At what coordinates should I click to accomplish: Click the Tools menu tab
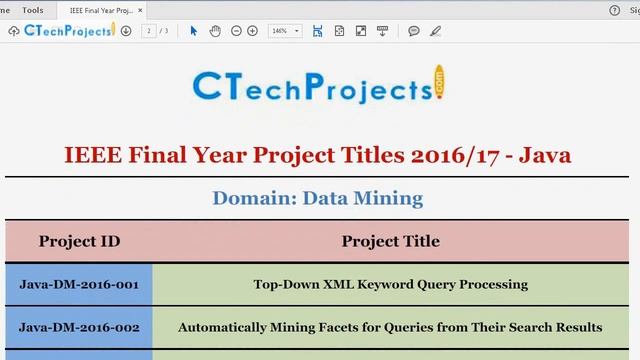(x=32, y=10)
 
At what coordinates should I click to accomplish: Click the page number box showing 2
(x=149, y=31)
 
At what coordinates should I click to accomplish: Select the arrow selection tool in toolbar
(x=194, y=31)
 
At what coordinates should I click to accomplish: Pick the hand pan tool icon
(x=215, y=31)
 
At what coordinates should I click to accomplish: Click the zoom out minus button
(x=237, y=31)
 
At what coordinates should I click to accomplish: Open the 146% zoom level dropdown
(x=285, y=31)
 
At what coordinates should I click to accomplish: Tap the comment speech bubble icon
(x=414, y=31)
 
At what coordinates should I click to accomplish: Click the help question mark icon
(x=614, y=10)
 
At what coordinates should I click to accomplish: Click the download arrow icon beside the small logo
(x=126, y=31)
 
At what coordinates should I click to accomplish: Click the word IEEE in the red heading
(x=94, y=155)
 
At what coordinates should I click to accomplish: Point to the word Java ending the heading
(x=549, y=155)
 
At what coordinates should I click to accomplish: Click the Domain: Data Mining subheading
(x=317, y=198)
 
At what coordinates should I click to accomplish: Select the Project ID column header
(x=79, y=241)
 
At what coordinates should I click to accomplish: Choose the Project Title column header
(x=390, y=241)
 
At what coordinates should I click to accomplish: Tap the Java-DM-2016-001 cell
(x=79, y=284)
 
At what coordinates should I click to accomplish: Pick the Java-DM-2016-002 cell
(x=79, y=327)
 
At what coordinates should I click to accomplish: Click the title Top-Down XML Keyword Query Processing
(x=390, y=284)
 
